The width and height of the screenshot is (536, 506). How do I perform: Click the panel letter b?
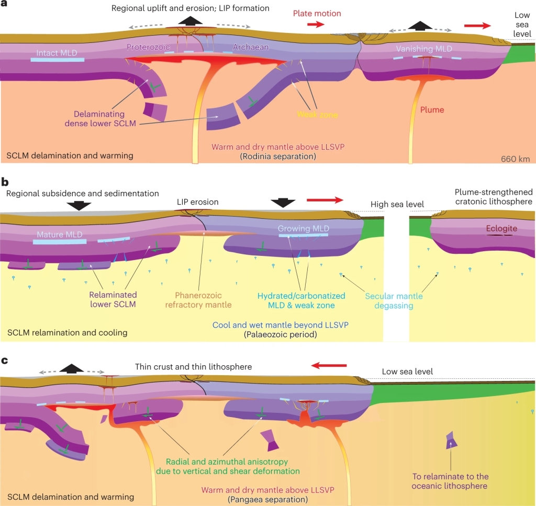(5, 182)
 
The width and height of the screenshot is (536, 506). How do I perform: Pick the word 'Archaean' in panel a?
(250, 47)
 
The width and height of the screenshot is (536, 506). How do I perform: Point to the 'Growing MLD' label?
(303, 229)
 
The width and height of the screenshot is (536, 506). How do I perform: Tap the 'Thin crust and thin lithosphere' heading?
(193, 367)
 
